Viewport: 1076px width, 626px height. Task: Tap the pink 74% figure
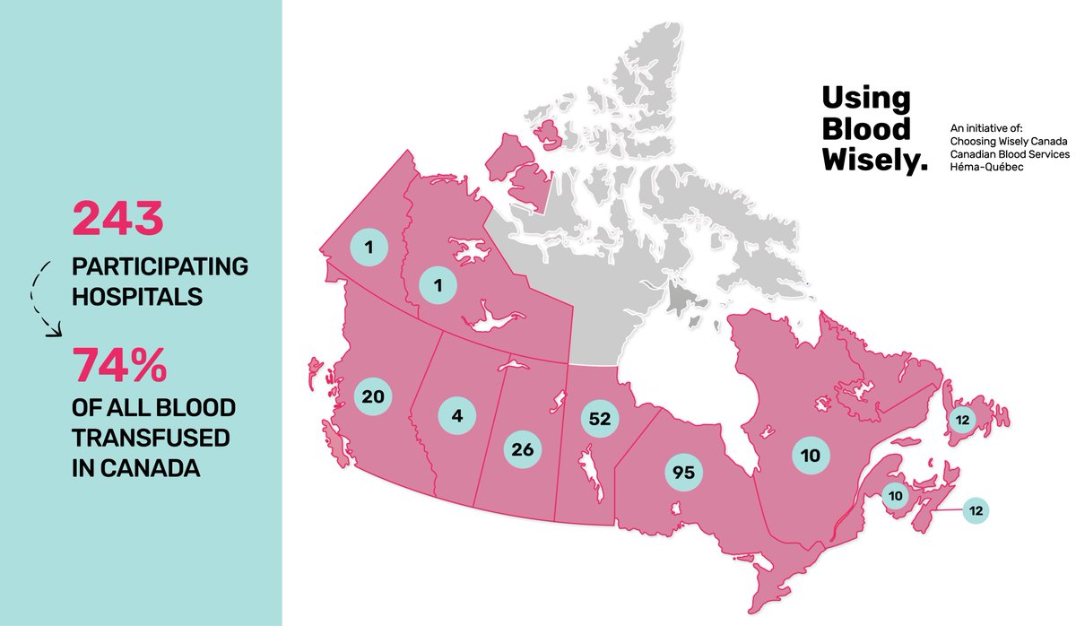[x=120, y=367]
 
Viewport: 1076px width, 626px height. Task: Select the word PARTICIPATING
[x=160, y=266]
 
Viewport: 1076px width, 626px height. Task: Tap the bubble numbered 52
[x=601, y=418]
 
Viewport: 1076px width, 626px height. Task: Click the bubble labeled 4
[x=456, y=415]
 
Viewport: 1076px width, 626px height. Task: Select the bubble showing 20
[x=374, y=396]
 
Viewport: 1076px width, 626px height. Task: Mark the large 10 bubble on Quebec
[x=811, y=455]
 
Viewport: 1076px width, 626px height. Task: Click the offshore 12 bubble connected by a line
[x=976, y=510]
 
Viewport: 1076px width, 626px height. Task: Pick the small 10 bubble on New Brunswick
[x=895, y=494]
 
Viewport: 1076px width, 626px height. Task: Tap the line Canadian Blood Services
[x=1010, y=155]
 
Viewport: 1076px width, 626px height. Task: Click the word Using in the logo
[x=854, y=99]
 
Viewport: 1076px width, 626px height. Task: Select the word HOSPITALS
[x=137, y=296]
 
